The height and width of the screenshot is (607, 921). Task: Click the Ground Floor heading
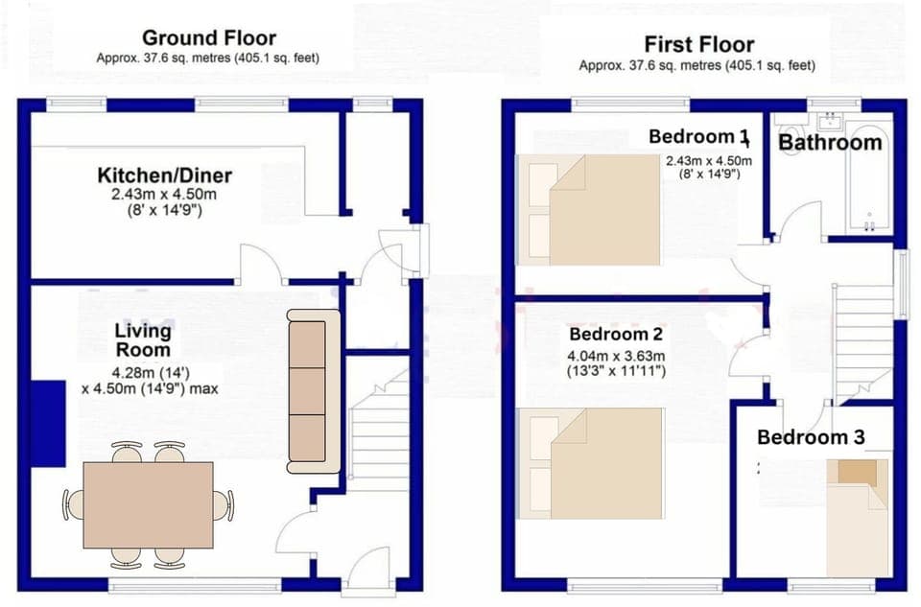pos(208,38)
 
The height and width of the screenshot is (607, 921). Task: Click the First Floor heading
pos(698,44)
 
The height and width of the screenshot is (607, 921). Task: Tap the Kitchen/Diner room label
pos(164,175)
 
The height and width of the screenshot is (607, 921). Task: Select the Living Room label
pos(143,340)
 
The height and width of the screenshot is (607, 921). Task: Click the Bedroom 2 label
pos(617,335)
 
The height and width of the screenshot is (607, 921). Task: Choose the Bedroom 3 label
pos(811,437)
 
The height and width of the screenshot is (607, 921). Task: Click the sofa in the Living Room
pos(314,390)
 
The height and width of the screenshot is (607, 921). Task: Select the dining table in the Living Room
pos(148,503)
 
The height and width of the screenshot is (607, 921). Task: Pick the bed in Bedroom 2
pos(589,463)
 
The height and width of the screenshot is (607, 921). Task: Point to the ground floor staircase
pos(379,432)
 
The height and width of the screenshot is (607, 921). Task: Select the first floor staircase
pos(864,341)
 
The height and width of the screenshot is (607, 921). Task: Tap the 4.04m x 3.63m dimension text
pos(617,357)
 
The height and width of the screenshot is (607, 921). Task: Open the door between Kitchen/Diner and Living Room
pos(259,266)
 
